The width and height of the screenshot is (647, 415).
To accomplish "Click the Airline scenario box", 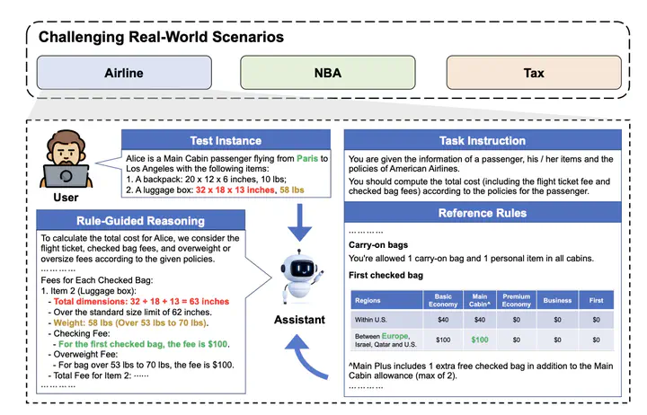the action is point(124,73).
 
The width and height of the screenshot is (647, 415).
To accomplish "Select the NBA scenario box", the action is point(328,73).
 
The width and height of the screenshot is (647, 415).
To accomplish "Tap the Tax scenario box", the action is point(534,73).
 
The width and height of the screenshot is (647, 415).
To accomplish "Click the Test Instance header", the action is point(226,140).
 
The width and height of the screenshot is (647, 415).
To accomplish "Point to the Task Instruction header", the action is point(483,140).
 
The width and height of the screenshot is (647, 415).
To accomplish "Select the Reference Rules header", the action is point(483,213).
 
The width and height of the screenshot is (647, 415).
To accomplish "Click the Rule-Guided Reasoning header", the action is point(141,221).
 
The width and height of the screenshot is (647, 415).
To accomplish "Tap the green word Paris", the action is point(307,158).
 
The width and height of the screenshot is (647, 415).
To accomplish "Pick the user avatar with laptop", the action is point(66,160).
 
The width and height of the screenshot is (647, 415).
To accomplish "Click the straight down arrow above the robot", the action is point(299,222).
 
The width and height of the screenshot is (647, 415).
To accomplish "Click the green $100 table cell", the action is point(480,340).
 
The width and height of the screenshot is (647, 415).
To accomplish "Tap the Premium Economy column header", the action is point(516,300).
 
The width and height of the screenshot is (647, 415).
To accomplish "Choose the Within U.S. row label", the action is point(370,319).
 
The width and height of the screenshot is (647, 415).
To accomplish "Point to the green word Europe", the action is point(394,336).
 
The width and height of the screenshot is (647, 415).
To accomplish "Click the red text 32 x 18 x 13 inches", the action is point(235,190).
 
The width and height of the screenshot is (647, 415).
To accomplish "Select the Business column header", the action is point(557,300).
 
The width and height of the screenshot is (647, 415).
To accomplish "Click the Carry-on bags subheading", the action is point(378,245).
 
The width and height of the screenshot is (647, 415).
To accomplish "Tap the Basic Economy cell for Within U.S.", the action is point(443,319).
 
